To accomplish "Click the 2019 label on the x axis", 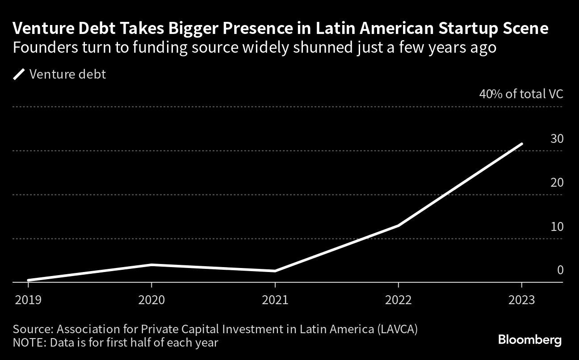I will pos(28,299).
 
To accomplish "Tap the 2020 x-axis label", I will pos(151,299).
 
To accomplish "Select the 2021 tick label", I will pos(275,299).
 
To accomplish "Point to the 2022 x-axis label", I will pos(398,299).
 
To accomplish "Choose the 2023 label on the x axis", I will pos(521,299).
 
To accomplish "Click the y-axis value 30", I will pos(557,139).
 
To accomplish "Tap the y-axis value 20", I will pos(557,183).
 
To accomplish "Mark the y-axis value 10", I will pos(557,227).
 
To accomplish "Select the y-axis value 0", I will pos(560,270).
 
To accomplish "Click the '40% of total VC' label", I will pos(521,94).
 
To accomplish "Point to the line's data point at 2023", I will pos(521,144).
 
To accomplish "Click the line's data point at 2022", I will pos(398,226).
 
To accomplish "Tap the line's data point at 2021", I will pos(275,271).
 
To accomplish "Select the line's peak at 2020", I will pos(151,264).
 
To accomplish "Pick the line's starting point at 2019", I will pos(29,280).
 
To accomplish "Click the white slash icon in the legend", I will pos(19,74).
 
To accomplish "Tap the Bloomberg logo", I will pos(529,340).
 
